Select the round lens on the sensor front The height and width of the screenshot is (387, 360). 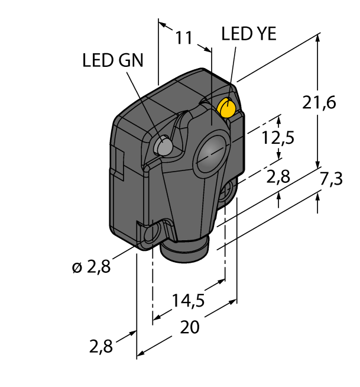pyautogui.click(x=210, y=156)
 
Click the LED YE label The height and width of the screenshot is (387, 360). pyautogui.click(x=248, y=34)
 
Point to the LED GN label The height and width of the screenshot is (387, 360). pyautogui.click(x=112, y=60)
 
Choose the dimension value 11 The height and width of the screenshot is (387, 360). pyautogui.click(x=184, y=38)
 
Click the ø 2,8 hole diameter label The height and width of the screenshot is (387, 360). pyautogui.click(x=92, y=267)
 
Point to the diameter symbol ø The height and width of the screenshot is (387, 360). pyautogui.click(x=76, y=268)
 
